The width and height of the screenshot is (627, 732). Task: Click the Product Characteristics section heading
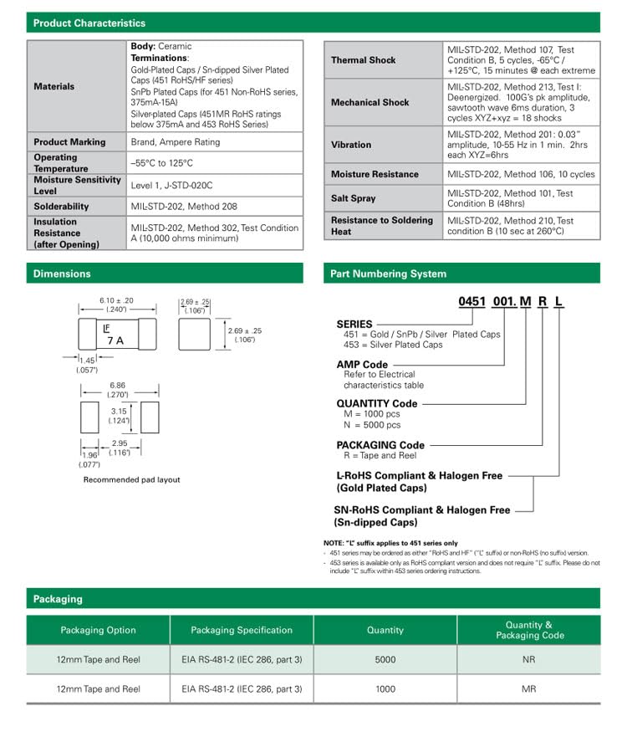point(89,23)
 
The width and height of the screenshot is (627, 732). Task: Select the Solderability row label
point(61,207)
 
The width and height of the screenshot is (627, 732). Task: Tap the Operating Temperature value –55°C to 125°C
point(161,163)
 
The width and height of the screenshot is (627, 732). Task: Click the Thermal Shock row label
point(363,60)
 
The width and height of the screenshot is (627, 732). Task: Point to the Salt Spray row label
point(353,198)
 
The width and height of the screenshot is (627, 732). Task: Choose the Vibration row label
point(351,145)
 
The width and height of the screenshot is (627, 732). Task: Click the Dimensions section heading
point(62,274)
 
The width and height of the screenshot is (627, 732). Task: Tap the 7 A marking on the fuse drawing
point(113,340)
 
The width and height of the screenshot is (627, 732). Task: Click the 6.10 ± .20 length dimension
point(116,300)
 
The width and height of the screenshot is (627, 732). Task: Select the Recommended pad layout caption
point(131,479)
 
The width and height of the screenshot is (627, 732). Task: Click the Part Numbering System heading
point(388,274)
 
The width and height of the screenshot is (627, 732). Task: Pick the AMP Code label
point(362,365)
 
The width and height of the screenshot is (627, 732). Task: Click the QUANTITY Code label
point(376,403)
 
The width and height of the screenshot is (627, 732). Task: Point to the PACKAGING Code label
point(380,445)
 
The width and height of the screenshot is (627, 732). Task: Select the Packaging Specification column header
point(242,630)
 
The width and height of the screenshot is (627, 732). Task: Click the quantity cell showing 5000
point(385,659)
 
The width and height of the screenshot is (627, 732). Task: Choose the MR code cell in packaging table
point(529,688)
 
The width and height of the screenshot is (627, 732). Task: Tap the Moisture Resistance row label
point(375,174)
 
